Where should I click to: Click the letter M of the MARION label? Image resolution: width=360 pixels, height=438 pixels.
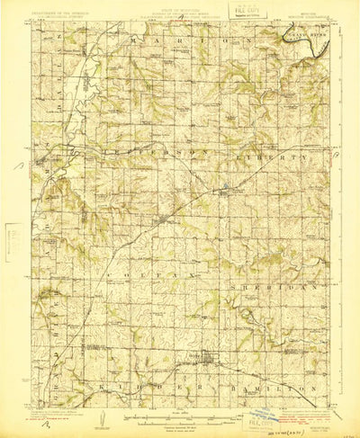(135, 41)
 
